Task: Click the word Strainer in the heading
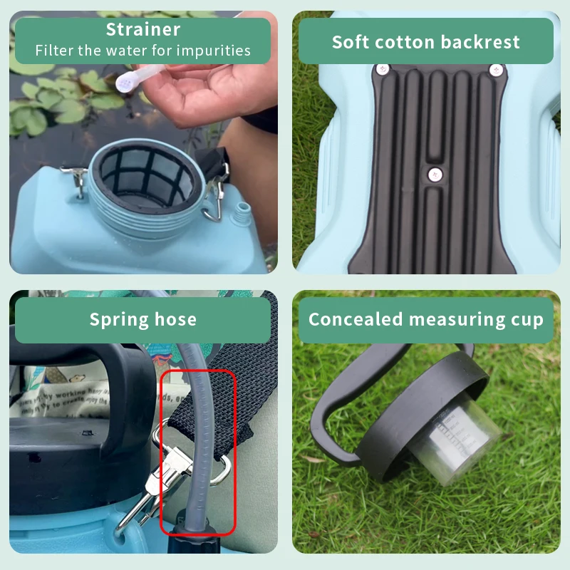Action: pos(142,30)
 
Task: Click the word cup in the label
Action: pos(527,320)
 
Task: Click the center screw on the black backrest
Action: pos(432,173)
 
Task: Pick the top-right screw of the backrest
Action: pos(496,70)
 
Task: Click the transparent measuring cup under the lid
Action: pos(456,442)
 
